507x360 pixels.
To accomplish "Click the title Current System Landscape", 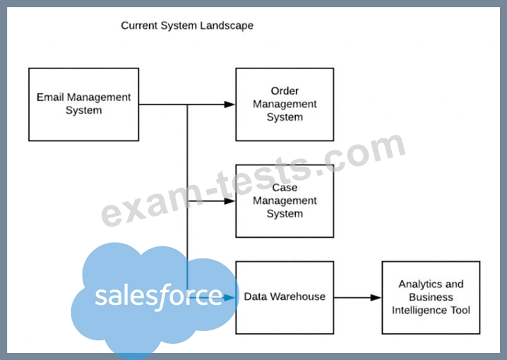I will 187,25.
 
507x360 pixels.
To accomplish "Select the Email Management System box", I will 83,104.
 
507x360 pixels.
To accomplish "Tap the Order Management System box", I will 284,104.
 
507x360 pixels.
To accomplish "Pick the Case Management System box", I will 284,200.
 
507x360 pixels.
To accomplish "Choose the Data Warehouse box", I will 285,296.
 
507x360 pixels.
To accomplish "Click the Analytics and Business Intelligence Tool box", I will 431,296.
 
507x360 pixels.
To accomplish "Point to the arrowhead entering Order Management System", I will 229,104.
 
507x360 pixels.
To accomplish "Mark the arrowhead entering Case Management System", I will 229,200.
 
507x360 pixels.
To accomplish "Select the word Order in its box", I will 285,91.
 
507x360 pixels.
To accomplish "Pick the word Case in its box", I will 285,188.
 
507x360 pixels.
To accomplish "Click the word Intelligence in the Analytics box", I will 431,309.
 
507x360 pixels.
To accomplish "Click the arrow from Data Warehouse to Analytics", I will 357,297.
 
